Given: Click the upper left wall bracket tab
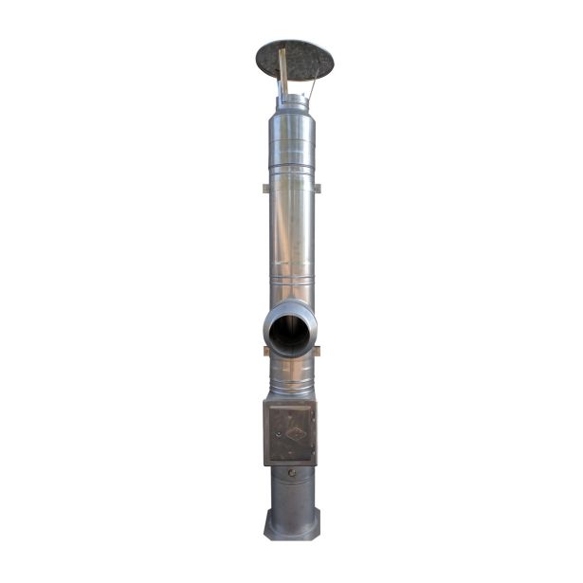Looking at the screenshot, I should tap(264, 187).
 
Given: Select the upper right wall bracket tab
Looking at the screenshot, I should tap(318, 187).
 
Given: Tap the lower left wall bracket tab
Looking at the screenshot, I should tap(266, 351).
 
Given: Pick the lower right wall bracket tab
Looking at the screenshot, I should tap(317, 351).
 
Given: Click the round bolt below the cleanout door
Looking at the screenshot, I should tap(292, 472).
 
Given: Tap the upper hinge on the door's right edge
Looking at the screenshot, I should tap(313, 414).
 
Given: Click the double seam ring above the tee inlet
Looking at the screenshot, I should tap(291, 282).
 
